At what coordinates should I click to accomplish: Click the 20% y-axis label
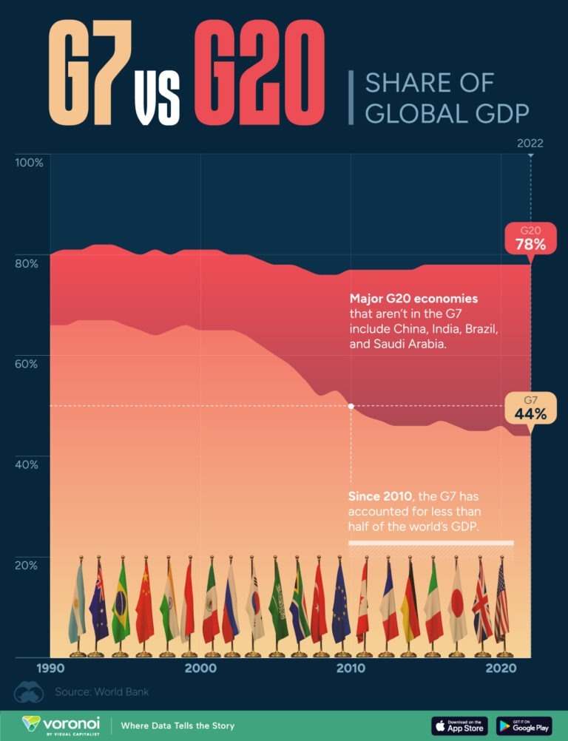27,565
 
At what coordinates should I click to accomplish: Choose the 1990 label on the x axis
50,669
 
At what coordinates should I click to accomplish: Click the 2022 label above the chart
530,143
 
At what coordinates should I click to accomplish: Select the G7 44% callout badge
530,409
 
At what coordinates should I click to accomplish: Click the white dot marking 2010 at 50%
351,406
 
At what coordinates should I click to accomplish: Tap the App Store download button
459,725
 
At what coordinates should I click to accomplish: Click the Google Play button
524,725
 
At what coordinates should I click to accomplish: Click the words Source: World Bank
101,692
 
